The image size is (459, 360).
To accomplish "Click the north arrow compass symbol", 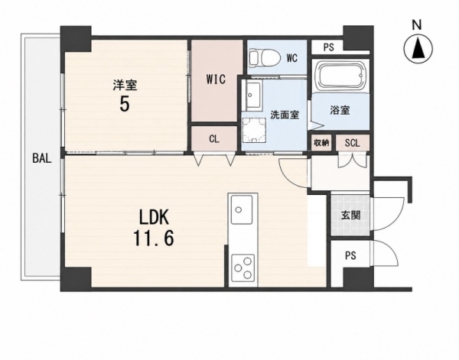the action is click(418, 50).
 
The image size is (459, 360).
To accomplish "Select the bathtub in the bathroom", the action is click(340, 76).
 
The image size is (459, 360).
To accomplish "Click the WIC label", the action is click(216, 79).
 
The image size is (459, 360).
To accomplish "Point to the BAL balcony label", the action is click(42, 158).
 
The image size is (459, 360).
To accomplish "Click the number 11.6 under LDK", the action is click(154, 238).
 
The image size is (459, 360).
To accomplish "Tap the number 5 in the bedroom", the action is click(125, 104).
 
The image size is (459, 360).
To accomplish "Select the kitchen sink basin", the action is click(242, 209).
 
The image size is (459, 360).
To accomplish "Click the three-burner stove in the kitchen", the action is click(243, 268).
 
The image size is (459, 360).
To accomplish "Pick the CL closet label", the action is click(214, 139).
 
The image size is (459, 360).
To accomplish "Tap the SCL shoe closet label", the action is click(352, 143).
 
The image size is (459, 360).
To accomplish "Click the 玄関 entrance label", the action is click(350, 216).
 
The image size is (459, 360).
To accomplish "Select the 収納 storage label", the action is click(321, 143).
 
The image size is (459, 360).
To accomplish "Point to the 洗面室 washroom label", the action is click(285, 115).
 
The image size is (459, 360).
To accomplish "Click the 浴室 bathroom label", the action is click(340, 110).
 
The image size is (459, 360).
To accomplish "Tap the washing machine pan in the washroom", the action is click(253, 130).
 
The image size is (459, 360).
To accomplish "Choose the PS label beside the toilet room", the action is click(329, 47).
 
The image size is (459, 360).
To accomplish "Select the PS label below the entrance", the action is click(350, 256).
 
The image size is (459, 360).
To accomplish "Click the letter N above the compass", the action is click(417, 25).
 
